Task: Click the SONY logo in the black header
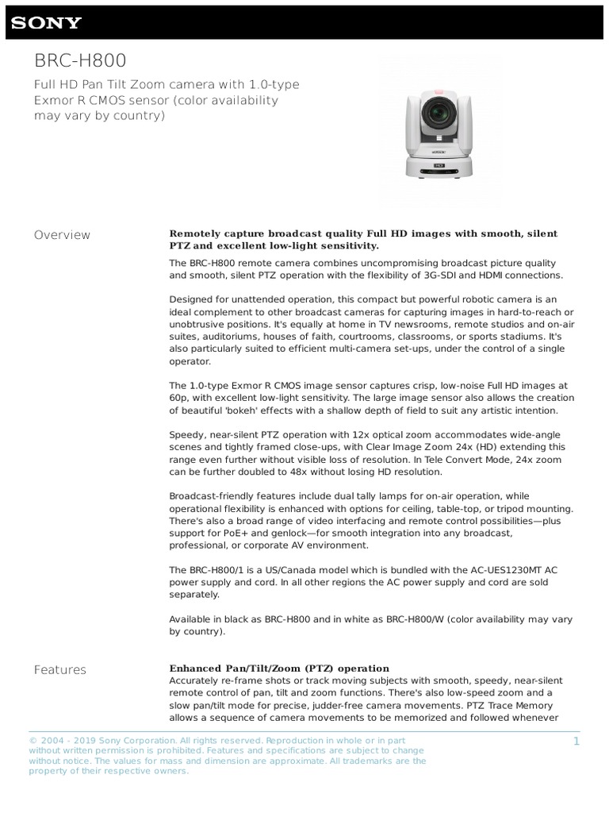[46, 22]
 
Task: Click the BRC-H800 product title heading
[79, 61]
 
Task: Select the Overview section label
[62, 235]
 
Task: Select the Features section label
[59, 670]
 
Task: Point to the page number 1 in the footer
[576, 741]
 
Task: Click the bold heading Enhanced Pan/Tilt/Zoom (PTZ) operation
[279, 669]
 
